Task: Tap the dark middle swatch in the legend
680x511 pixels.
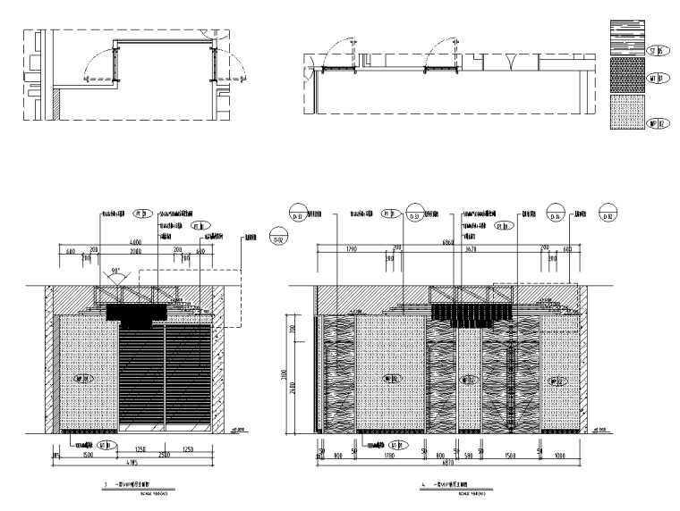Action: pos(625,79)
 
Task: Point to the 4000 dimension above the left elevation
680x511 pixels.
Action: pos(136,243)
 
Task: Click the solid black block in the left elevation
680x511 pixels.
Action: pos(137,312)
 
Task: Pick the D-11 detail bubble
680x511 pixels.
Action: pos(298,215)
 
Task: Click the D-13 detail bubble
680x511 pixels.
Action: pos(414,215)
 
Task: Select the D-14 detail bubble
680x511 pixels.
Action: pos(555,215)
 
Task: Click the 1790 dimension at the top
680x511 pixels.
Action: pos(352,251)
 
